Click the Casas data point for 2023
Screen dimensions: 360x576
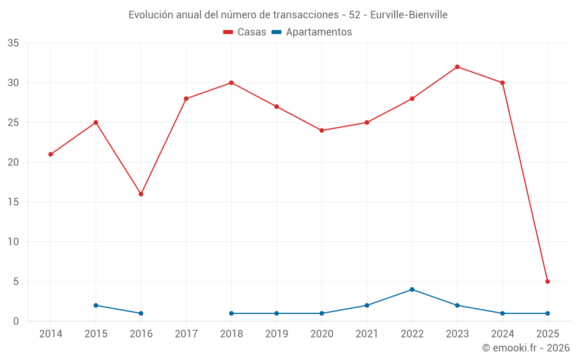pyautogui.click(x=457, y=67)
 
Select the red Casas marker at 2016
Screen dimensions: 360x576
pyautogui.click(x=141, y=194)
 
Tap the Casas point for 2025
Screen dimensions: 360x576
pyautogui.click(x=548, y=282)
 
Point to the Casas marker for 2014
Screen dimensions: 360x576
pyautogui.click(x=51, y=154)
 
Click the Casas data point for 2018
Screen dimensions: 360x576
pyautogui.click(x=232, y=83)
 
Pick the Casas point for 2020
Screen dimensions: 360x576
pyautogui.click(x=321, y=130)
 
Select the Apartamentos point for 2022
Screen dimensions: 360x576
pyautogui.click(x=412, y=290)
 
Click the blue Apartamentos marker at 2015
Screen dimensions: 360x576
pyautogui.click(x=96, y=305)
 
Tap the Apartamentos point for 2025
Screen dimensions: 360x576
pyautogui.click(x=548, y=313)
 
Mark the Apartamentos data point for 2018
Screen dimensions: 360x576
pyautogui.click(x=232, y=313)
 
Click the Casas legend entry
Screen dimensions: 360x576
pyautogui.click(x=245, y=32)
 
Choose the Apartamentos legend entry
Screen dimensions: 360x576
pyautogui.click(x=312, y=32)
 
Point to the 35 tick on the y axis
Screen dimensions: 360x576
pyautogui.click(x=13, y=43)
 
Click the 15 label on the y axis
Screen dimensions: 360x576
pyautogui.click(x=13, y=202)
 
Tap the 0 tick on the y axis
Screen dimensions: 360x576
pyautogui.click(x=16, y=321)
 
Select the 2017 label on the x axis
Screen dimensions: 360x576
pyautogui.click(x=186, y=334)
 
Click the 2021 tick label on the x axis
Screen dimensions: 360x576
pyautogui.click(x=367, y=334)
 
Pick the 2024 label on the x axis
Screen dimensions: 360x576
pyautogui.click(x=502, y=334)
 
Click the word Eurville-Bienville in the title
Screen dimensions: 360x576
pyautogui.click(x=408, y=15)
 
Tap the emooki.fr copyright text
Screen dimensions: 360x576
pyautogui.click(x=526, y=348)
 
